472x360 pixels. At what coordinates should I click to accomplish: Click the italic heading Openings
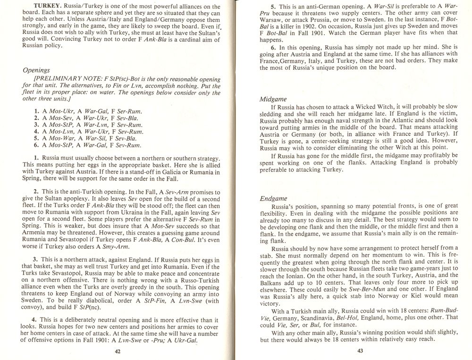pos(36,70)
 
